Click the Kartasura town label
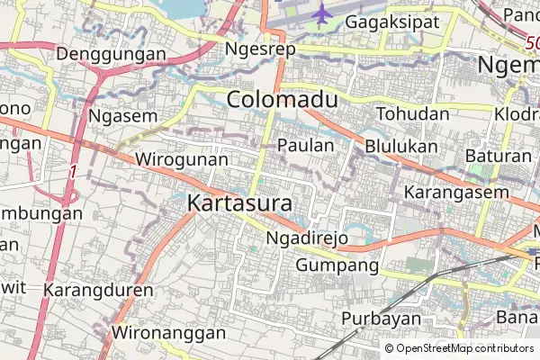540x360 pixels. click(239, 204)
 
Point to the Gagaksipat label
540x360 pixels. click(391, 20)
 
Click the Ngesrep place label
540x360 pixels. click(261, 49)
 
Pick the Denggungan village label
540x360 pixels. click(111, 54)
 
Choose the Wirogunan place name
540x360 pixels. click(178, 159)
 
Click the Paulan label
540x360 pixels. click(306, 145)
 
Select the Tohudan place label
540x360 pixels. click(412, 114)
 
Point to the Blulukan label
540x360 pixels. click(401, 146)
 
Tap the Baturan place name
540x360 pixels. click(499, 156)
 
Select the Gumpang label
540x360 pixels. click(337, 265)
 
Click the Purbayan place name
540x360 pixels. click(382, 319)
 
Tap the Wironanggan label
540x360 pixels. click(168, 333)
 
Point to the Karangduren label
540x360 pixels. click(98, 292)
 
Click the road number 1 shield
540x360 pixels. click(71, 170)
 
